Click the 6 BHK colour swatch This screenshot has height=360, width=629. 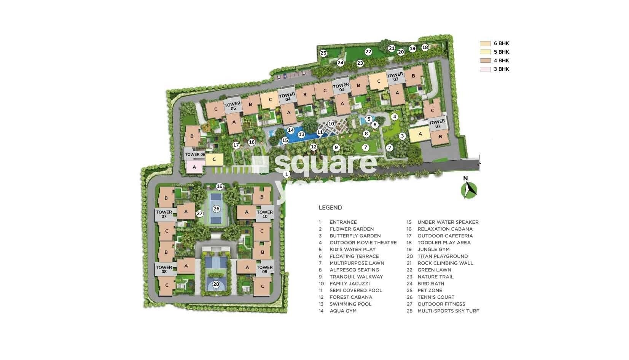pyautogui.click(x=485, y=44)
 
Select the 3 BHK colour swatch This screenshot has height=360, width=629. pyautogui.click(x=485, y=69)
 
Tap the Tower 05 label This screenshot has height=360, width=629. pyautogui.click(x=232, y=106)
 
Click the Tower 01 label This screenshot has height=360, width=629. pyautogui.click(x=436, y=124)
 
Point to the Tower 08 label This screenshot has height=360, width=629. pyautogui.click(x=164, y=269)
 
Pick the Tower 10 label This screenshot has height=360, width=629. pyautogui.click(x=265, y=214)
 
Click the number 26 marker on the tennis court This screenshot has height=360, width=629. pyautogui.click(x=217, y=209)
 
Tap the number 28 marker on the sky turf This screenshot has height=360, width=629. pyautogui.click(x=216, y=284)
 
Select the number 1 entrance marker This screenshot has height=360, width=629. pyautogui.click(x=287, y=174)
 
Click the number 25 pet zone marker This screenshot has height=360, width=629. pyautogui.click(x=323, y=53)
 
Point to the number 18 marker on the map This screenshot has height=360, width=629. pyautogui.click(x=425, y=48)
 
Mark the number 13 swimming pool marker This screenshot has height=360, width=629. pyautogui.click(x=301, y=134)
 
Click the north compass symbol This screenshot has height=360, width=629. pyautogui.click(x=469, y=189)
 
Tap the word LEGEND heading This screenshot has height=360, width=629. pyautogui.click(x=330, y=208)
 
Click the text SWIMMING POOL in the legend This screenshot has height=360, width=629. pyautogui.click(x=350, y=304)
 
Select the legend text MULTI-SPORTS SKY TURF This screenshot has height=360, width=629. pyautogui.click(x=448, y=311)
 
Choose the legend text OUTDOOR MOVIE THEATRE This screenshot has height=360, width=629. pyautogui.click(x=363, y=242)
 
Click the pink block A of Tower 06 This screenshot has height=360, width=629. pyautogui.click(x=194, y=167)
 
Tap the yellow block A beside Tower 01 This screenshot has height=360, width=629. pyautogui.click(x=420, y=134)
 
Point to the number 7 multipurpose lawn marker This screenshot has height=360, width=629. pyautogui.click(x=365, y=147)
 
